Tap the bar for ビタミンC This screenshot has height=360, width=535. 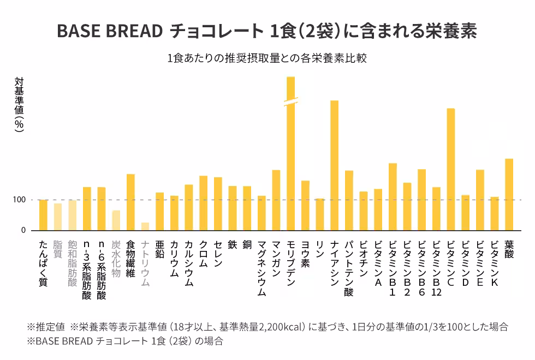coord(450,169)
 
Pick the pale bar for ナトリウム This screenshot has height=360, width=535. coord(145,226)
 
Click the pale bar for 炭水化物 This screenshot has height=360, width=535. coord(116,220)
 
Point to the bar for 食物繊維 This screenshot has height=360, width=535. coord(130,202)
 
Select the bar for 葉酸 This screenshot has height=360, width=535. coord(509,194)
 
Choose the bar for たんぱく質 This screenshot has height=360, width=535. coord(43,215)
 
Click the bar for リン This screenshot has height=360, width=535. coord(319,214)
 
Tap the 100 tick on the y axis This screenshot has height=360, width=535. coord(20,200)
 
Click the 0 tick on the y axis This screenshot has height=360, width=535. coord(23,230)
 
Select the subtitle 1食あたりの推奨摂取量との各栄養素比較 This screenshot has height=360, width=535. coord(267,58)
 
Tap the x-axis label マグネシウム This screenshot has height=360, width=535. coord(261,268)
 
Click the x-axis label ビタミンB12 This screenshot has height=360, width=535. coord(436,268)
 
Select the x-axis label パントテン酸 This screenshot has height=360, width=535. coord(349,268)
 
